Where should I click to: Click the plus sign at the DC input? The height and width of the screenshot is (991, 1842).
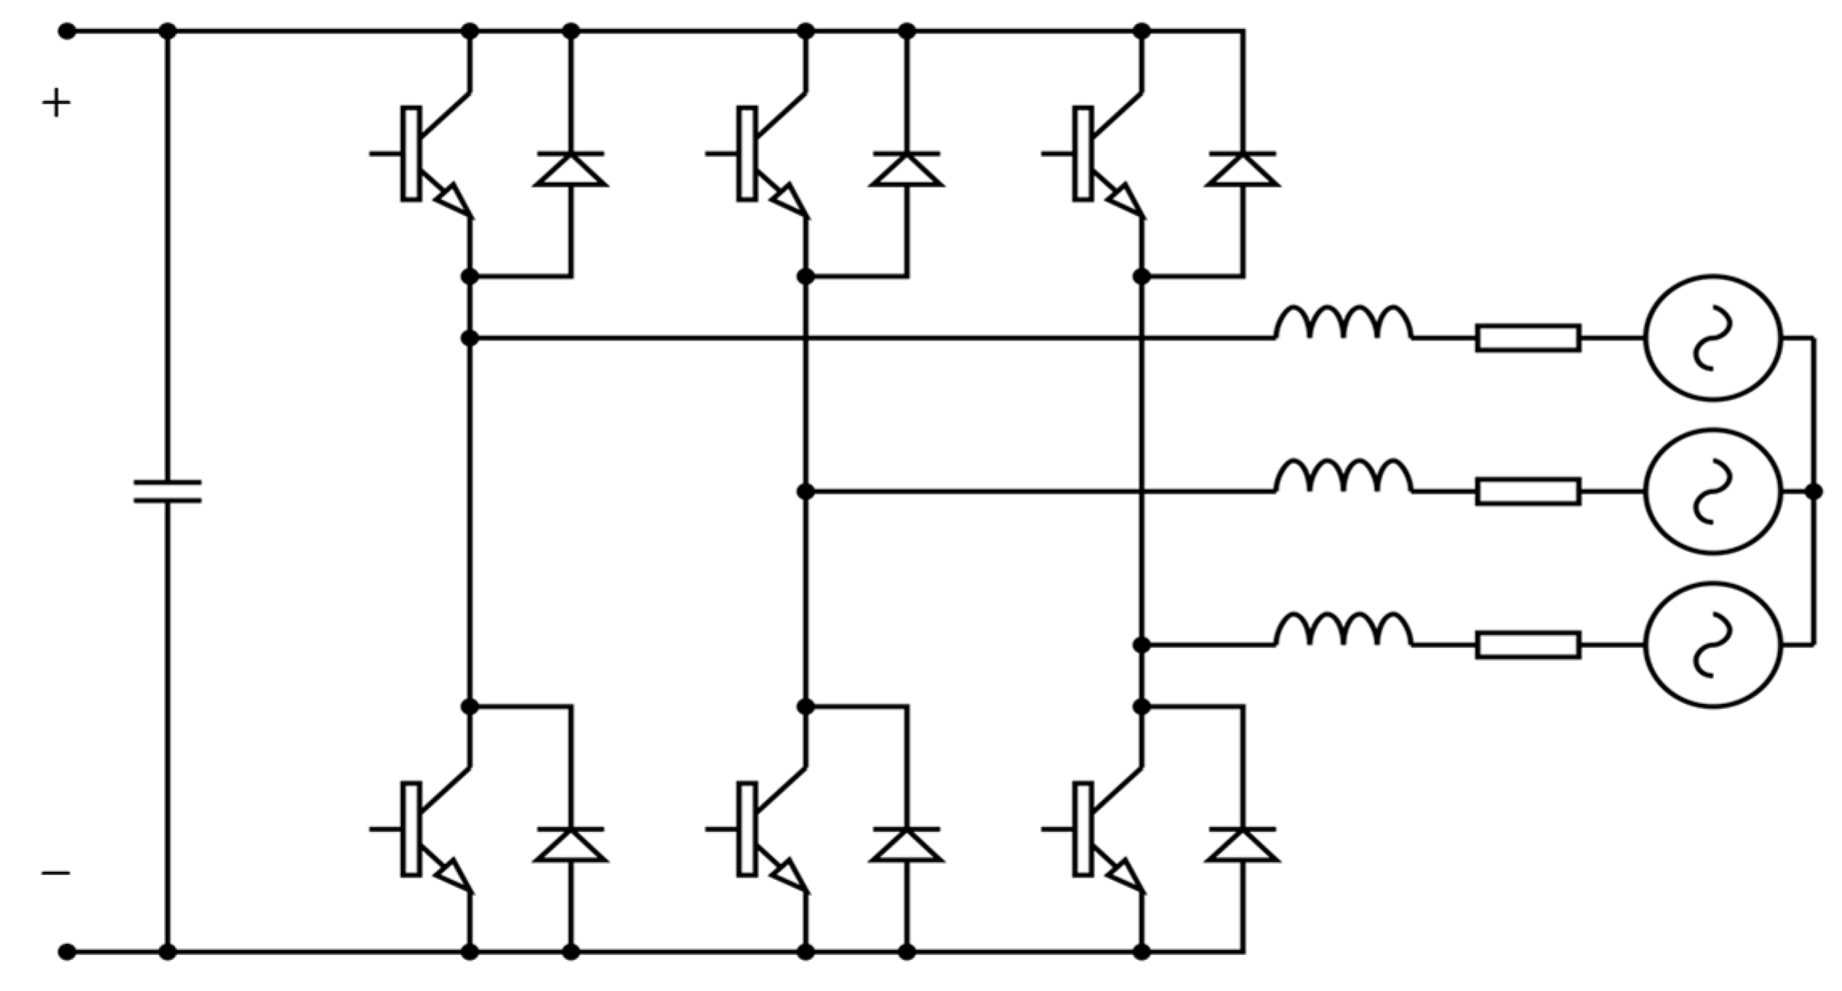point(56,103)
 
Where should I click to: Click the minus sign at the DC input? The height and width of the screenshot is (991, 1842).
point(56,873)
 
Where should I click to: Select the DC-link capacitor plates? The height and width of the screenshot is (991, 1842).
point(167,491)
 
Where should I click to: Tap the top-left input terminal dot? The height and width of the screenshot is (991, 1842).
point(68,32)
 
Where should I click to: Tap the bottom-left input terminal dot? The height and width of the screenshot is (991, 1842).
point(68,952)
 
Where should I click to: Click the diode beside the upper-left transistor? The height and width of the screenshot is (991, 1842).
point(570,169)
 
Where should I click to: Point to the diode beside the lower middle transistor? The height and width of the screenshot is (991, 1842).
point(907,845)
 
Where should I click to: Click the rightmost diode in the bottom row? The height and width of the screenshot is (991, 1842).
point(1242,845)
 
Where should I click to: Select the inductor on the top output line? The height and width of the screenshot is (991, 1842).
point(1343,324)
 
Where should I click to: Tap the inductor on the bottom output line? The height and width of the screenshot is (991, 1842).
point(1343,631)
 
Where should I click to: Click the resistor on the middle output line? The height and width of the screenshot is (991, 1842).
point(1528,492)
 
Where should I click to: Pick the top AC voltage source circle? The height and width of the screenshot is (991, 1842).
point(1712,338)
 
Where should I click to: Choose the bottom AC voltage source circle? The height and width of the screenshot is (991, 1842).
point(1712,644)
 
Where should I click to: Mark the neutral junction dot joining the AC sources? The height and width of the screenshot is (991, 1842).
point(1814,492)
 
